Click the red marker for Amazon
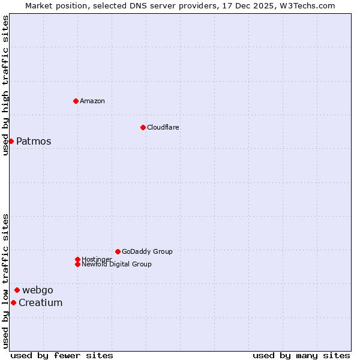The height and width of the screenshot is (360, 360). [76, 101]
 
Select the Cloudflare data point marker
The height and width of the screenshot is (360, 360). [143, 127]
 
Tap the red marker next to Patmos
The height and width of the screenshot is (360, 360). [11, 141]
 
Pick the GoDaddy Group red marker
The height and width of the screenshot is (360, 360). [118, 251]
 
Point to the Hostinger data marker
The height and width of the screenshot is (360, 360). [77, 259]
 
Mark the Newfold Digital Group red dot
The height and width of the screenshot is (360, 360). [77, 264]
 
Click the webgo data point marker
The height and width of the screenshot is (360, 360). [17, 290]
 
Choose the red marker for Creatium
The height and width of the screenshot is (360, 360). [13, 302]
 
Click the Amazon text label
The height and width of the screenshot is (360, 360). [92, 101]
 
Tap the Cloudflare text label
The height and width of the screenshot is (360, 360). [163, 127]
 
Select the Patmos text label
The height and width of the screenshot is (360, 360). [34, 142]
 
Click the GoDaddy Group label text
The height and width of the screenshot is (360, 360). [147, 251]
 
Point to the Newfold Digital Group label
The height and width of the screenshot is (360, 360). [116, 265]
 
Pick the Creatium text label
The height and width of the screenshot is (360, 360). [40, 303]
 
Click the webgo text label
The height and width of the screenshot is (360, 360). [38, 290]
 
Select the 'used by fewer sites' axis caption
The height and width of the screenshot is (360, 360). [62, 355]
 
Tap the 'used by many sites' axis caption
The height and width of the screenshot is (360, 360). [301, 355]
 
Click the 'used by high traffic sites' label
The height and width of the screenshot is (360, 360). [5, 85]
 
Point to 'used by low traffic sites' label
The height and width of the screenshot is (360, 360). [5, 280]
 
